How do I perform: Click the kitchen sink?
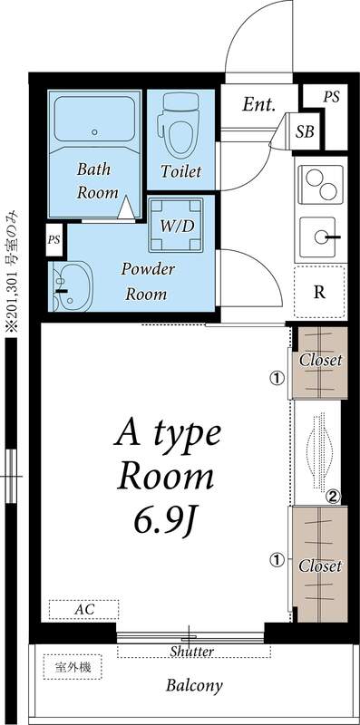coord(321,237)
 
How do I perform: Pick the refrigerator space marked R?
coord(320,291)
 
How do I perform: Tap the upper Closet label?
coord(320,360)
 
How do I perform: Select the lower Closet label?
coord(320,565)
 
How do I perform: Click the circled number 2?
coord(333,496)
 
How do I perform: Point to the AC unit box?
coord(83,610)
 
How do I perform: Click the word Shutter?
coord(192,652)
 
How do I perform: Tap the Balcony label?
coord(193,686)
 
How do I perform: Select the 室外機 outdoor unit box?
coord(73,668)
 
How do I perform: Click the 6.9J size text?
coord(168,519)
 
